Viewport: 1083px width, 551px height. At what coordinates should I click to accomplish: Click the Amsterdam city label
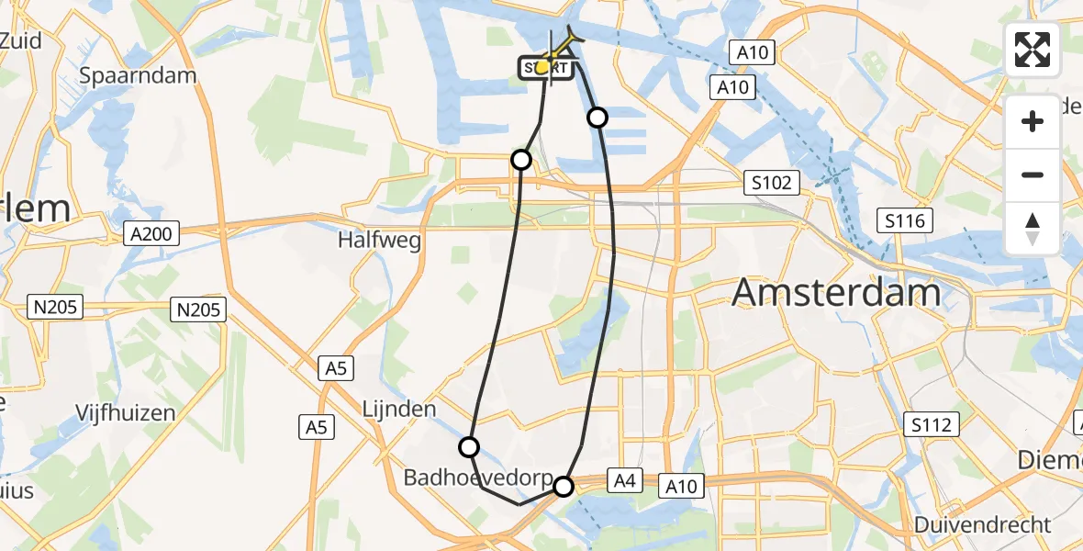pyautogui.click(x=837, y=293)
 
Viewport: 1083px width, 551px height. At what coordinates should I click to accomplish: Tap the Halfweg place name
pyautogui.click(x=378, y=241)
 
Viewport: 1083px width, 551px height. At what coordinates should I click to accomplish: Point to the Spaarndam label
pyautogui.click(x=139, y=75)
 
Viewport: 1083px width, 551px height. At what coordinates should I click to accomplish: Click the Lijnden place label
pyautogui.click(x=398, y=409)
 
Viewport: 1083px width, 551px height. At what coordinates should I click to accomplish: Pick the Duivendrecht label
pyautogui.click(x=982, y=525)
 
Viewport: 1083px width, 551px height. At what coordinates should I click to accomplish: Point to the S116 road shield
pyautogui.click(x=906, y=220)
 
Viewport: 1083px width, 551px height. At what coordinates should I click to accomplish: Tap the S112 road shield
pyautogui.click(x=932, y=423)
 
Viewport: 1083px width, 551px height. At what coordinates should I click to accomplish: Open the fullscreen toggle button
pyautogui.click(x=1033, y=49)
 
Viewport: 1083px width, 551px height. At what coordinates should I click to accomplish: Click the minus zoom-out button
pyautogui.click(x=1033, y=174)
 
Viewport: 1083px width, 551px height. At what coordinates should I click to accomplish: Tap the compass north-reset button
pyautogui.click(x=1033, y=227)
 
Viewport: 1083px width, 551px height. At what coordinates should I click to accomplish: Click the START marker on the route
pyautogui.click(x=547, y=67)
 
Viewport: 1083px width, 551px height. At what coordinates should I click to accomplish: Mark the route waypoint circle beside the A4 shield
pyautogui.click(x=564, y=487)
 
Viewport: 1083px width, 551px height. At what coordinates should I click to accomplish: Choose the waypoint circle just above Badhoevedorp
pyautogui.click(x=469, y=447)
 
